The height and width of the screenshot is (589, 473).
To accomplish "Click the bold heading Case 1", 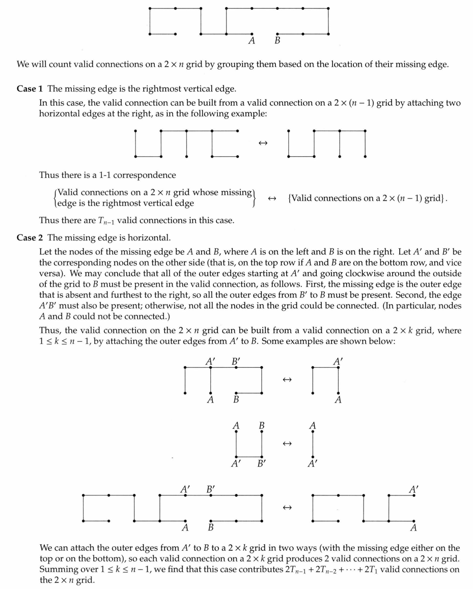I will [x=26, y=89].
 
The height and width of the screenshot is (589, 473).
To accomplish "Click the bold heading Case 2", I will [x=26, y=238].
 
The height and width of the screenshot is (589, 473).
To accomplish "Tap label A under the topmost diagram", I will [x=252, y=41].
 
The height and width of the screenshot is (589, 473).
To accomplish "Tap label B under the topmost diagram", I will [x=277, y=41].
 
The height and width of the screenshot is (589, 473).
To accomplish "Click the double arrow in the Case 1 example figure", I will [x=263, y=143].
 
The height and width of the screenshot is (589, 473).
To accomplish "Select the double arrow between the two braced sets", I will [x=271, y=198].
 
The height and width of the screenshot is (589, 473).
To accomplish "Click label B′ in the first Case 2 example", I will [x=236, y=362].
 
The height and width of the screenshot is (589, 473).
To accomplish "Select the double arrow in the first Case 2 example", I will [x=287, y=380].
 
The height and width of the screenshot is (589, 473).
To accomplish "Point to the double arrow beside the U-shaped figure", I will [x=287, y=444].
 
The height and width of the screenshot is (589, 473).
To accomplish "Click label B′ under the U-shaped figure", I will [x=261, y=464].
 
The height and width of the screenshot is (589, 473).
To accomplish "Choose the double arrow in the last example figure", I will [x=287, y=508].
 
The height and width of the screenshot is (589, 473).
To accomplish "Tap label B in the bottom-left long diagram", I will [x=210, y=527].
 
